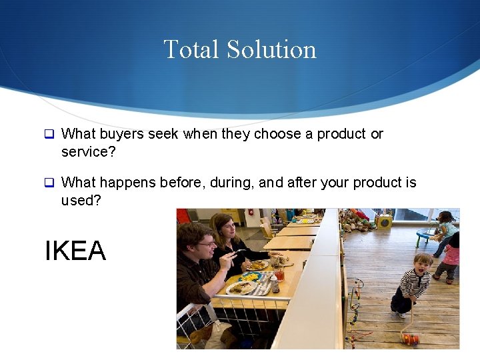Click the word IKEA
[x=75, y=251]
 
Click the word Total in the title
[x=191, y=49]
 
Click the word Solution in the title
[x=271, y=49]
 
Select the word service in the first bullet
[x=83, y=152]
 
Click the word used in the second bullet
[x=79, y=201]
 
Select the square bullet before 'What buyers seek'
[x=49, y=134]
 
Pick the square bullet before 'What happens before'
[x=49, y=183]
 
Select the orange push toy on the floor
[x=409, y=339]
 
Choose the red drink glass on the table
[x=279, y=273]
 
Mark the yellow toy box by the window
[x=384, y=221]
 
